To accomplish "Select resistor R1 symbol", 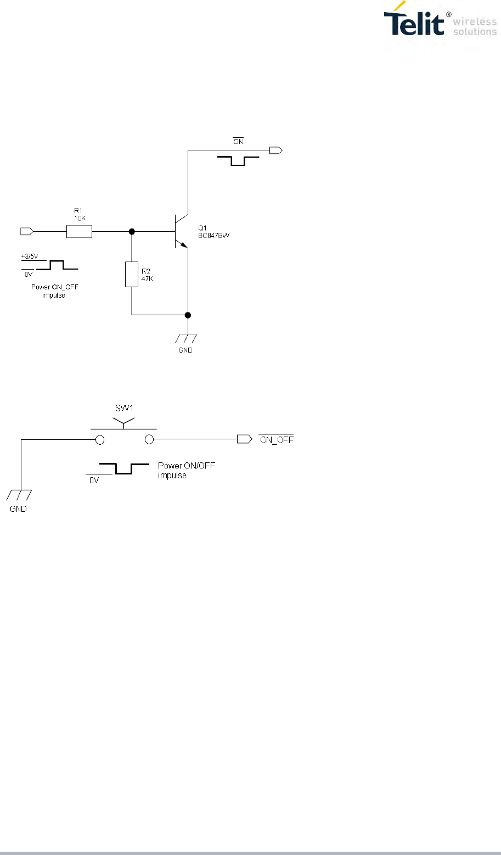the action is coord(79,232).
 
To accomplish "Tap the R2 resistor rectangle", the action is coord(132,274).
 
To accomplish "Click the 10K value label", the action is coord(80,217).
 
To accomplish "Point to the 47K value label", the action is coord(147,279).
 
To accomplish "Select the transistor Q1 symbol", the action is coord(181,231).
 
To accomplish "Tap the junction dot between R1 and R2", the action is coord(132,232).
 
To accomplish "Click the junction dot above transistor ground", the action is coord(188,315).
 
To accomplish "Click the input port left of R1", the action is coord(26,232).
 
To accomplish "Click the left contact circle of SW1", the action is coord(100,439).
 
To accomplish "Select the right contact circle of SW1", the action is coord(149,439).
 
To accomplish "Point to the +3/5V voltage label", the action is coord(30,256).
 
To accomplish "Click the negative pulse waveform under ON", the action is coord(238,160).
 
